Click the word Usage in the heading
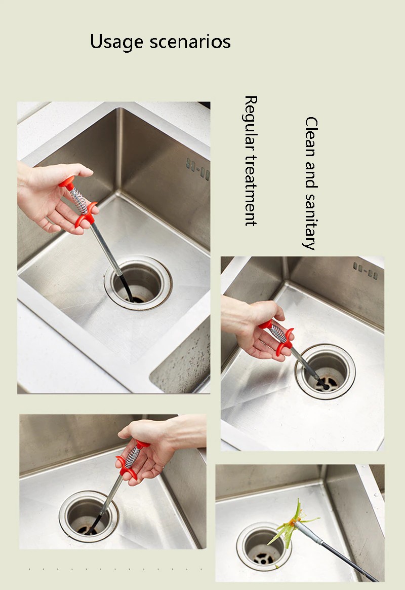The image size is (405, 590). [x=116, y=42]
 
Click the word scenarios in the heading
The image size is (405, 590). [x=190, y=42]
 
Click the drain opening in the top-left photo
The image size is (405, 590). [x=138, y=283]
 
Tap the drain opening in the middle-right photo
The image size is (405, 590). [x=326, y=371]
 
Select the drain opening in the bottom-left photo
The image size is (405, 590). [x=89, y=516]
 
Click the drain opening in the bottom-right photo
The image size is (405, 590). [x=264, y=545]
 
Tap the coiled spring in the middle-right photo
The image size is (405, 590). [x=278, y=333]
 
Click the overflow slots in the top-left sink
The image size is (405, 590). [x=198, y=169]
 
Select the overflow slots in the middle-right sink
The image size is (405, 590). [x=365, y=271]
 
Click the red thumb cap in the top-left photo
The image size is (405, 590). [x=66, y=183]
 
